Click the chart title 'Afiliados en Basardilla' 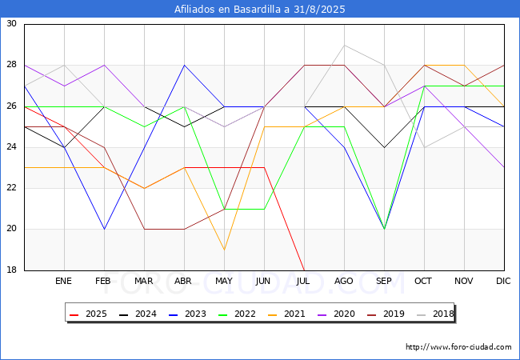point(260,10)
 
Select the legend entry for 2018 point(432,314)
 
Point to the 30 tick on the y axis point(12,24)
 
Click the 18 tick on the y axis point(12,270)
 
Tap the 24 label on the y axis point(12,147)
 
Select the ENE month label point(64,282)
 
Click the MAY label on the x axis point(224,282)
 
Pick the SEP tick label point(385,282)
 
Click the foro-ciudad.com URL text point(458,347)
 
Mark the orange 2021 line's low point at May point(224,250)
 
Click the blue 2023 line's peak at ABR point(185,65)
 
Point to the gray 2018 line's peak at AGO point(345,45)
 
